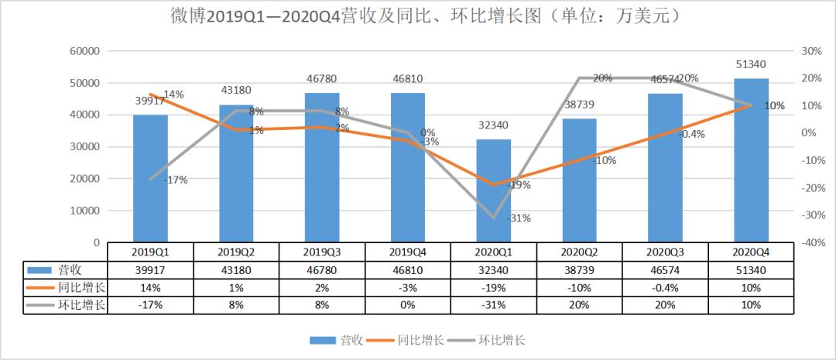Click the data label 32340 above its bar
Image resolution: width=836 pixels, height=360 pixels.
[x=493, y=125]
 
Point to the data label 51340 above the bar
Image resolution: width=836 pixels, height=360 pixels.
[x=751, y=64]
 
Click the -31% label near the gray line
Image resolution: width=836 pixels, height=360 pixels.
[x=519, y=218]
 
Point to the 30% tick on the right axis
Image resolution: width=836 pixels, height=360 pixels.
[x=810, y=51]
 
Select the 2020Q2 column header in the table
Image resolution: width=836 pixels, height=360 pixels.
[x=579, y=252]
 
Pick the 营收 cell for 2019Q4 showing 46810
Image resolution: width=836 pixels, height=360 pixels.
[x=407, y=269]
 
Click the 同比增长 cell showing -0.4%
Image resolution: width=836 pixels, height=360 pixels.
[x=665, y=287]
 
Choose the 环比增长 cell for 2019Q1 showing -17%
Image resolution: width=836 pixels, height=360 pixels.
[x=150, y=305]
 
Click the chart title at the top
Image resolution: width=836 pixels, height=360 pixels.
[x=418, y=15]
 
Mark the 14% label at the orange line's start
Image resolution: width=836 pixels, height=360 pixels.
[x=173, y=94]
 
